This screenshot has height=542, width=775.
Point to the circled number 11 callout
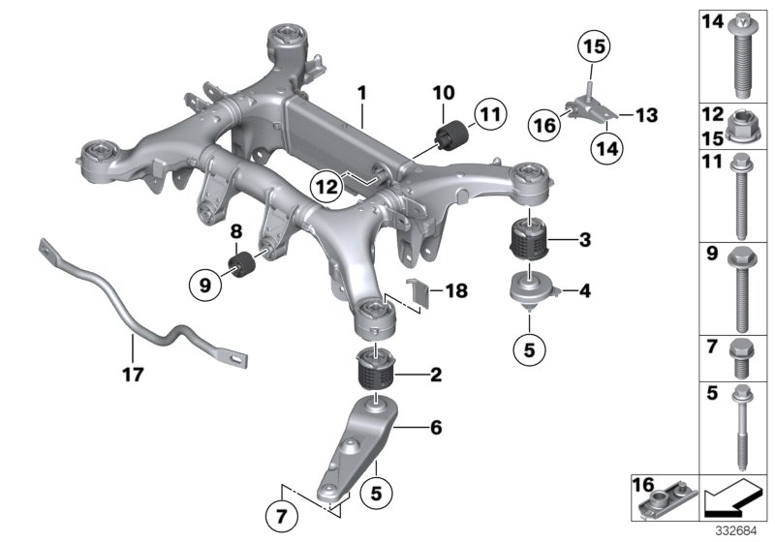pos(490,118)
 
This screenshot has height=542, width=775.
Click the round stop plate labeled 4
pos(531,286)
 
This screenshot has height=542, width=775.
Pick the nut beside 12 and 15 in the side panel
pos(741,126)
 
